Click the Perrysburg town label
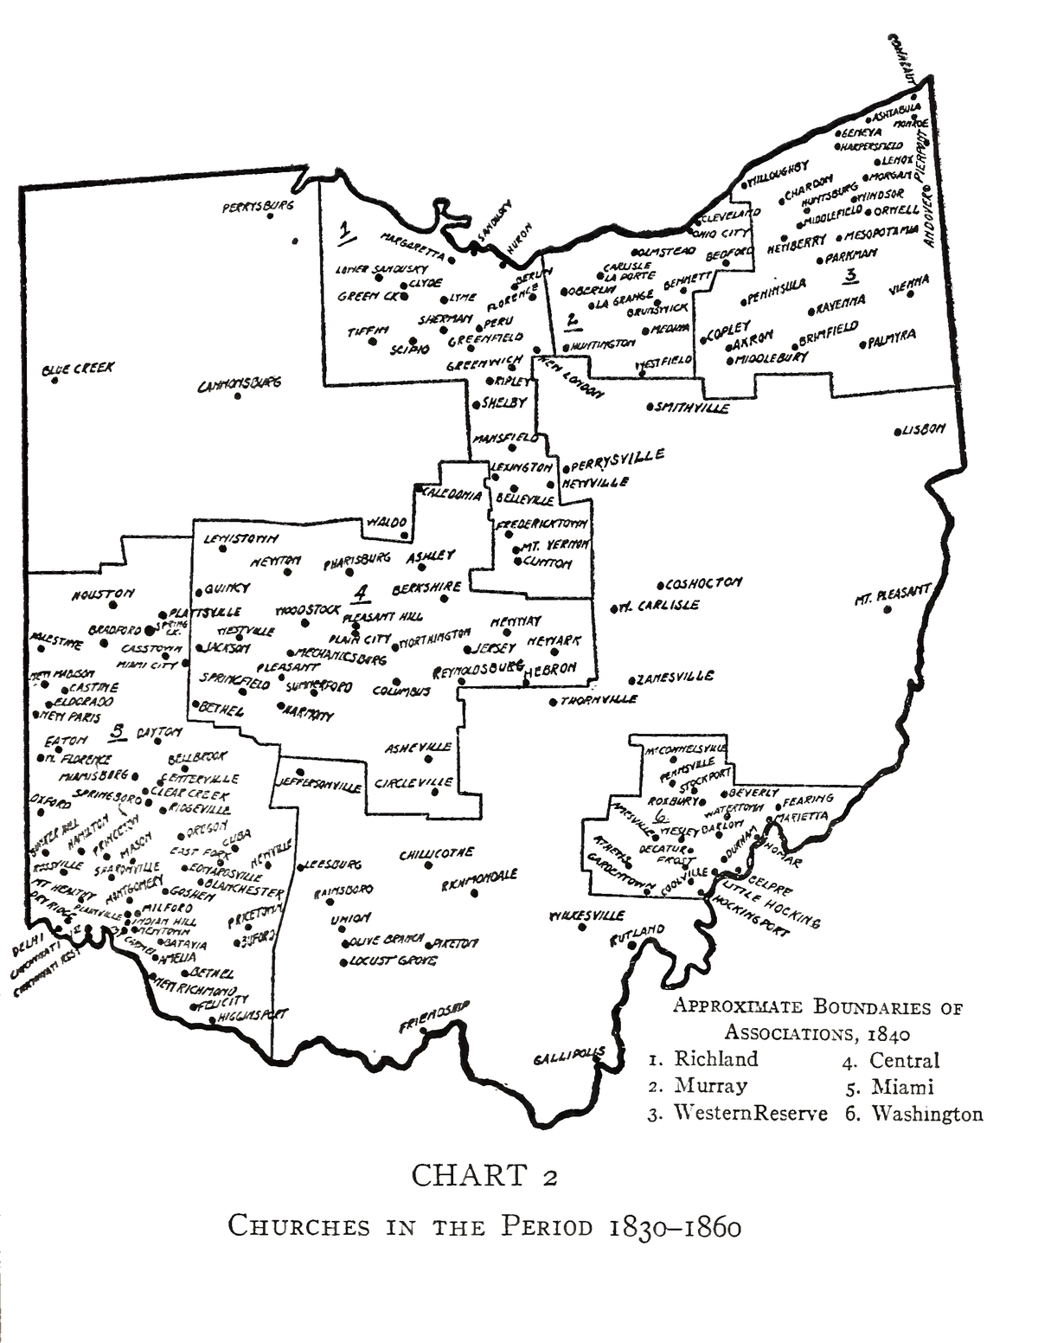pyautogui.click(x=258, y=207)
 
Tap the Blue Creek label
pyautogui.click(x=78, y=369)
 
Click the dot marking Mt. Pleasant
pyautogui.click(x=887, y=609)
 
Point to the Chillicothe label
pyautogui.click(x=437, y=854)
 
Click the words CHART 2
pyautogui.click(x=484, y=1176)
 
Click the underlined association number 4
pyautogui.click(x=360, y=593)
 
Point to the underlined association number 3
pyautogui.click(x=851, y=276)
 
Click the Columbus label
pyautogui.click(x=401, y=691)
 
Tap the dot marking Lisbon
pyautogui.click(x=897, y=430)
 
